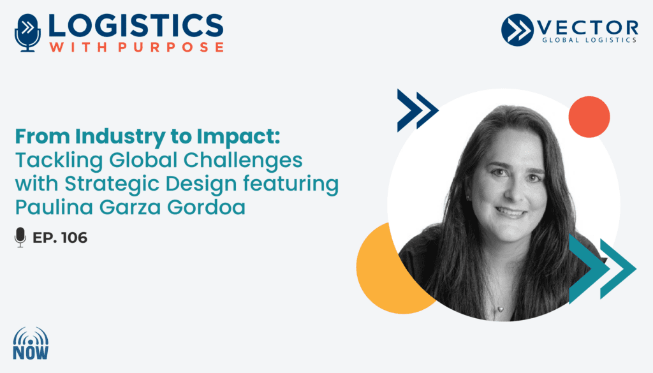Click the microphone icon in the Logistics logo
point(27,33)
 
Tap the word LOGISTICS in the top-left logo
point(136,26)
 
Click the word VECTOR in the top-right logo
point(587,27)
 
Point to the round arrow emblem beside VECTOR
point(517,29)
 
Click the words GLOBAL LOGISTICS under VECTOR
point(589,40)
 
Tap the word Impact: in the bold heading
point(238,137)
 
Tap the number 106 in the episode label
point(74,238)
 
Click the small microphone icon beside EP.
point(20,237)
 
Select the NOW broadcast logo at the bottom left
point(31,343)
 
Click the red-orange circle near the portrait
point(589,117)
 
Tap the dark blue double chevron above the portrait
point(417,110)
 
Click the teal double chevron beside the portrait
point(602,268)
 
